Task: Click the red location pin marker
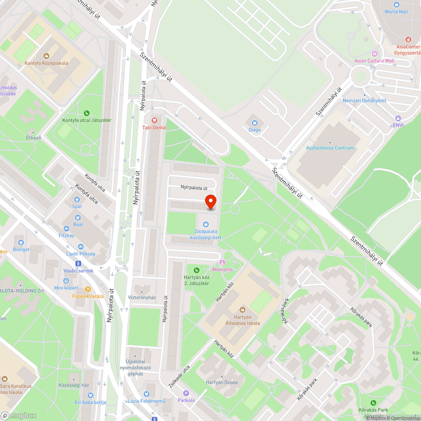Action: [210, 201]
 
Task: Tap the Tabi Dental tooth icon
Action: [154, 120]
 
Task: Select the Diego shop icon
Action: [254, 123]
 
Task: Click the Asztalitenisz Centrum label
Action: [330, 148]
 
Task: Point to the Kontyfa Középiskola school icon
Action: [46, 56]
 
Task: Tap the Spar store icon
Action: [77, 199]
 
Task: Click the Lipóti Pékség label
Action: [81, 254]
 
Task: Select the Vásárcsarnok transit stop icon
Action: [78, 264]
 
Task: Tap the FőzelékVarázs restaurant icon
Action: [88, 289]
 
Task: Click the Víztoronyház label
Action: [142, 297]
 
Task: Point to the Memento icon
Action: [223, 263]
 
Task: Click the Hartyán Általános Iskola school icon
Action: [241, 310]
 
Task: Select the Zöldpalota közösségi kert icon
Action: [205, 224]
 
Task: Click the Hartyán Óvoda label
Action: [222, 382]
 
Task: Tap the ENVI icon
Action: [398, 118]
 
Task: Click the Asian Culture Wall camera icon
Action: [374, 53]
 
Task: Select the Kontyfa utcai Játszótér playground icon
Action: [86, 113]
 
